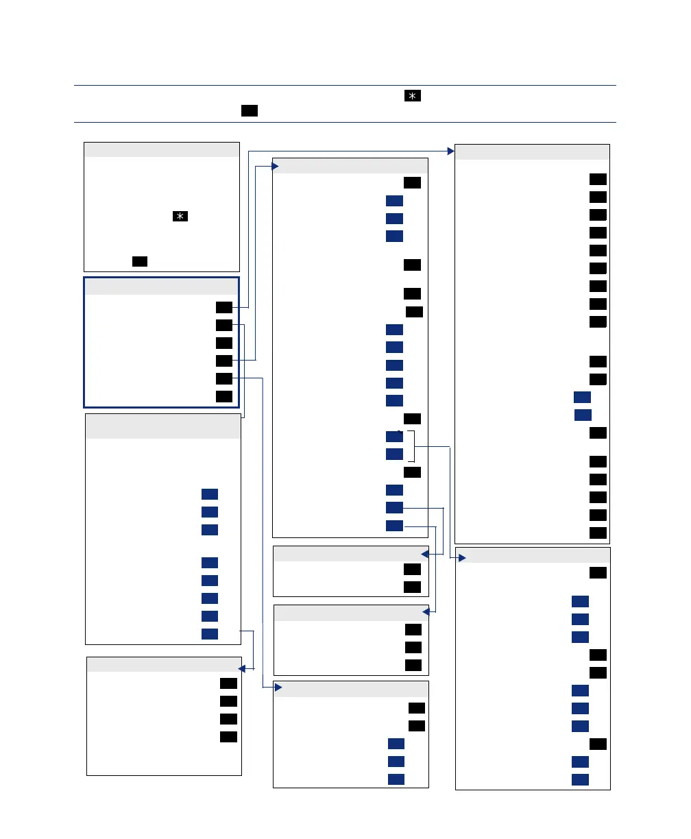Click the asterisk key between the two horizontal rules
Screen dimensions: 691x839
pos(412,96)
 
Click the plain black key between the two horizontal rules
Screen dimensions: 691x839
pos(250,110)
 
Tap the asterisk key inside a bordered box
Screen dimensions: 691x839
pos(180,217)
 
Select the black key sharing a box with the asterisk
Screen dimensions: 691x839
pos(140,261)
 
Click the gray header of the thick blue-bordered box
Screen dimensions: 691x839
pos(161,287)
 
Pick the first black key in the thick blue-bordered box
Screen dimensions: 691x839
pos(223,307)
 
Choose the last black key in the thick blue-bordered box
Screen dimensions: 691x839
pos(223,396)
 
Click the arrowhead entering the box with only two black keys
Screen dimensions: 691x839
pos(425,554)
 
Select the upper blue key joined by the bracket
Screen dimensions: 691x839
pos(394,437)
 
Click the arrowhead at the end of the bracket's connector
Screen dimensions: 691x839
pos(461,559)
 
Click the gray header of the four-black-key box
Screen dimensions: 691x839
pos(164,664)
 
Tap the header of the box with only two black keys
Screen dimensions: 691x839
pos(350,553)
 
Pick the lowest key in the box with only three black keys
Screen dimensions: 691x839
pos(413,665)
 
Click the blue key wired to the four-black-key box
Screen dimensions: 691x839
pos(210,633)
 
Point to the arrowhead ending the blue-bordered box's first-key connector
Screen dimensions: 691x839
pos(450,150)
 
